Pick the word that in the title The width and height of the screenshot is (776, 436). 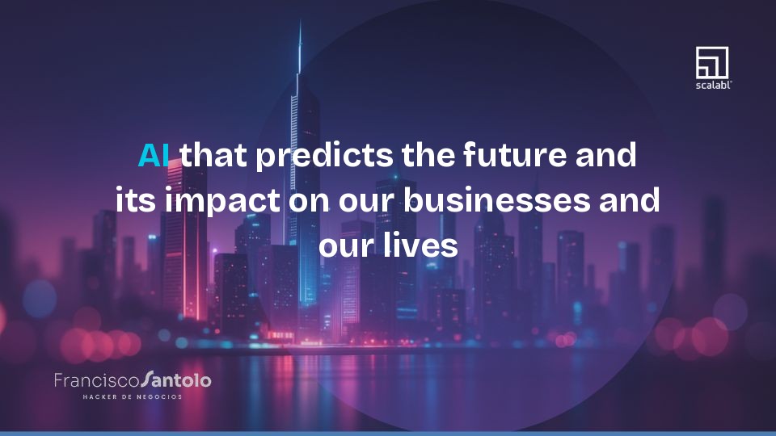213,154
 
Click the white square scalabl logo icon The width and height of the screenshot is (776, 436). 712,62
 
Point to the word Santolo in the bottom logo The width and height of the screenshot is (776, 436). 175,379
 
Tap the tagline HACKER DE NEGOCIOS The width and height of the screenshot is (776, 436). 133,396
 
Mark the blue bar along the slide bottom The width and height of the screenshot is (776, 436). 388,433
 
